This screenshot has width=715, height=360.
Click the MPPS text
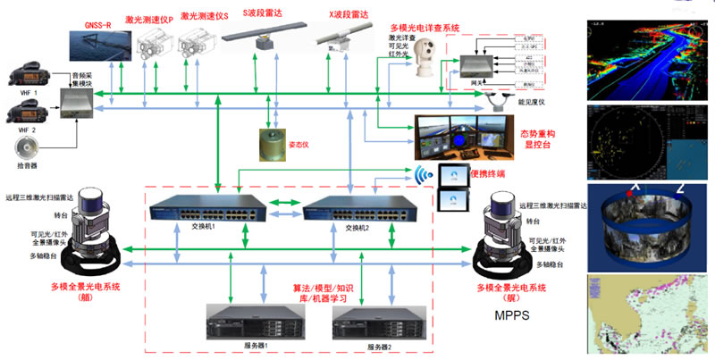(x=515, y=315)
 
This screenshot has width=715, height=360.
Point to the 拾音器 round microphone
(x=25, y=147)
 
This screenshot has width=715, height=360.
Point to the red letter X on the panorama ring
(x=635, y=188)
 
